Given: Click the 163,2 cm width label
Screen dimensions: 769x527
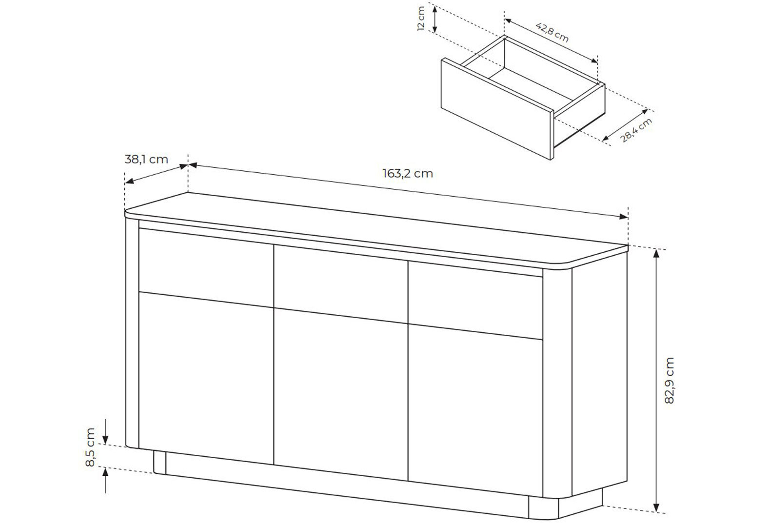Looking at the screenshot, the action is pos(408,174).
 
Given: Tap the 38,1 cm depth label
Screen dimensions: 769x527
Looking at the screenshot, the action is pos(146,160).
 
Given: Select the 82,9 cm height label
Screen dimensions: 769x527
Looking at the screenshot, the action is pos(669,380).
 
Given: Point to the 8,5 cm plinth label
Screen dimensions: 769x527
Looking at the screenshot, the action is pos(90,447).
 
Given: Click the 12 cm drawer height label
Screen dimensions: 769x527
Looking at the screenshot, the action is pos(421,19).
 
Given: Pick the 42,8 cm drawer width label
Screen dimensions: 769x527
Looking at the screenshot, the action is pos(552,32).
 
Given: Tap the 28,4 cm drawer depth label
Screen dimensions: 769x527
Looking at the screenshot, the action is pos(636,130).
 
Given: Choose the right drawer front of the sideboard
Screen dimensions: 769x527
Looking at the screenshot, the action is pos(475,301).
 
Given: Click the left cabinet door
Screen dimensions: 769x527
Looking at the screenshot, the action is pos(206,378).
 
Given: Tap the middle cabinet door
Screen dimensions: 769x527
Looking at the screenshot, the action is pos(341,395).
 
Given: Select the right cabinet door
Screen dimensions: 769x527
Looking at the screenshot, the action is pos(475,411).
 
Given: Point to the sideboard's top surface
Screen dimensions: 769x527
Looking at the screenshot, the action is pos(376,229).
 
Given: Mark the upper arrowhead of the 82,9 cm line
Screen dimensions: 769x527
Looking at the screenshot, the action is pos(656,254).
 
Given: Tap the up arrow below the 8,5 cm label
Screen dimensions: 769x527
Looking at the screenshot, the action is pos(105,481).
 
